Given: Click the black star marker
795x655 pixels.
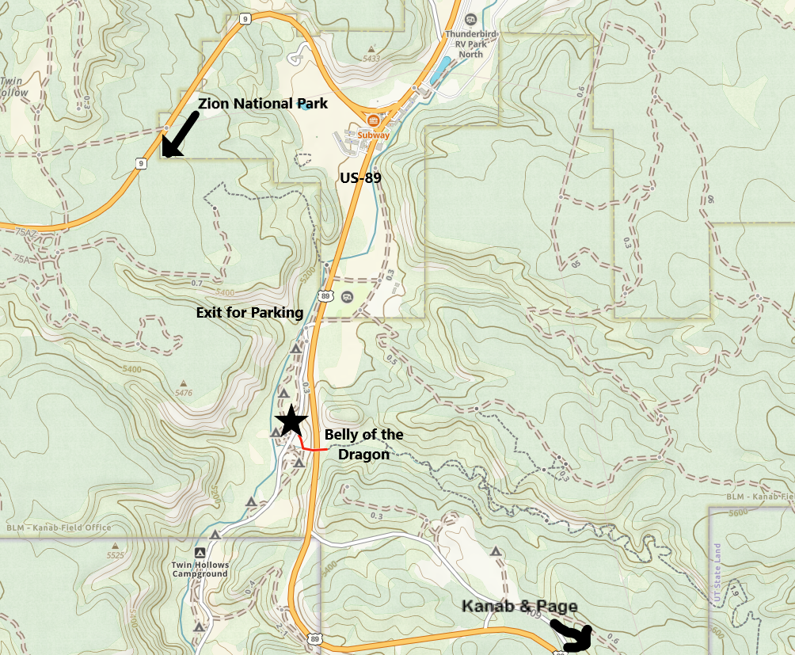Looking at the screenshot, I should tap(291, 421).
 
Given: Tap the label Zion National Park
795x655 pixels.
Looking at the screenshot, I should tap(263, 103).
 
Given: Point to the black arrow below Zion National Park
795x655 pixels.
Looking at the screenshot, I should tap(180, 135).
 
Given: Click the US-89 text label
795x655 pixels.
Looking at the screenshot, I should tap(360, 178).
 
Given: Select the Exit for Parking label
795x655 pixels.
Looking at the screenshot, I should tap(249, 313).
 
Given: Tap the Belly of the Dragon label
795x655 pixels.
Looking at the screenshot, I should tap(363, 444).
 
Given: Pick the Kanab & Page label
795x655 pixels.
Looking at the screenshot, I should tap(520, 607).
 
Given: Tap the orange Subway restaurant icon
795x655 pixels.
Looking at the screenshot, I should tap(373, 120).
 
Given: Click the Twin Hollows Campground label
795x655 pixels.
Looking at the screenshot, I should tap(200, 569).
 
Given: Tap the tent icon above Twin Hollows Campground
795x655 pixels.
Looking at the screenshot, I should tap(200, 552).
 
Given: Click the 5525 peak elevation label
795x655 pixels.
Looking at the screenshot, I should tap(116, 556).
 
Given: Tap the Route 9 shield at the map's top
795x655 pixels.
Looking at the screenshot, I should tap(246, 17).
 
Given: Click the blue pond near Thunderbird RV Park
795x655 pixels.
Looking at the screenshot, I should tap(436, 74).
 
